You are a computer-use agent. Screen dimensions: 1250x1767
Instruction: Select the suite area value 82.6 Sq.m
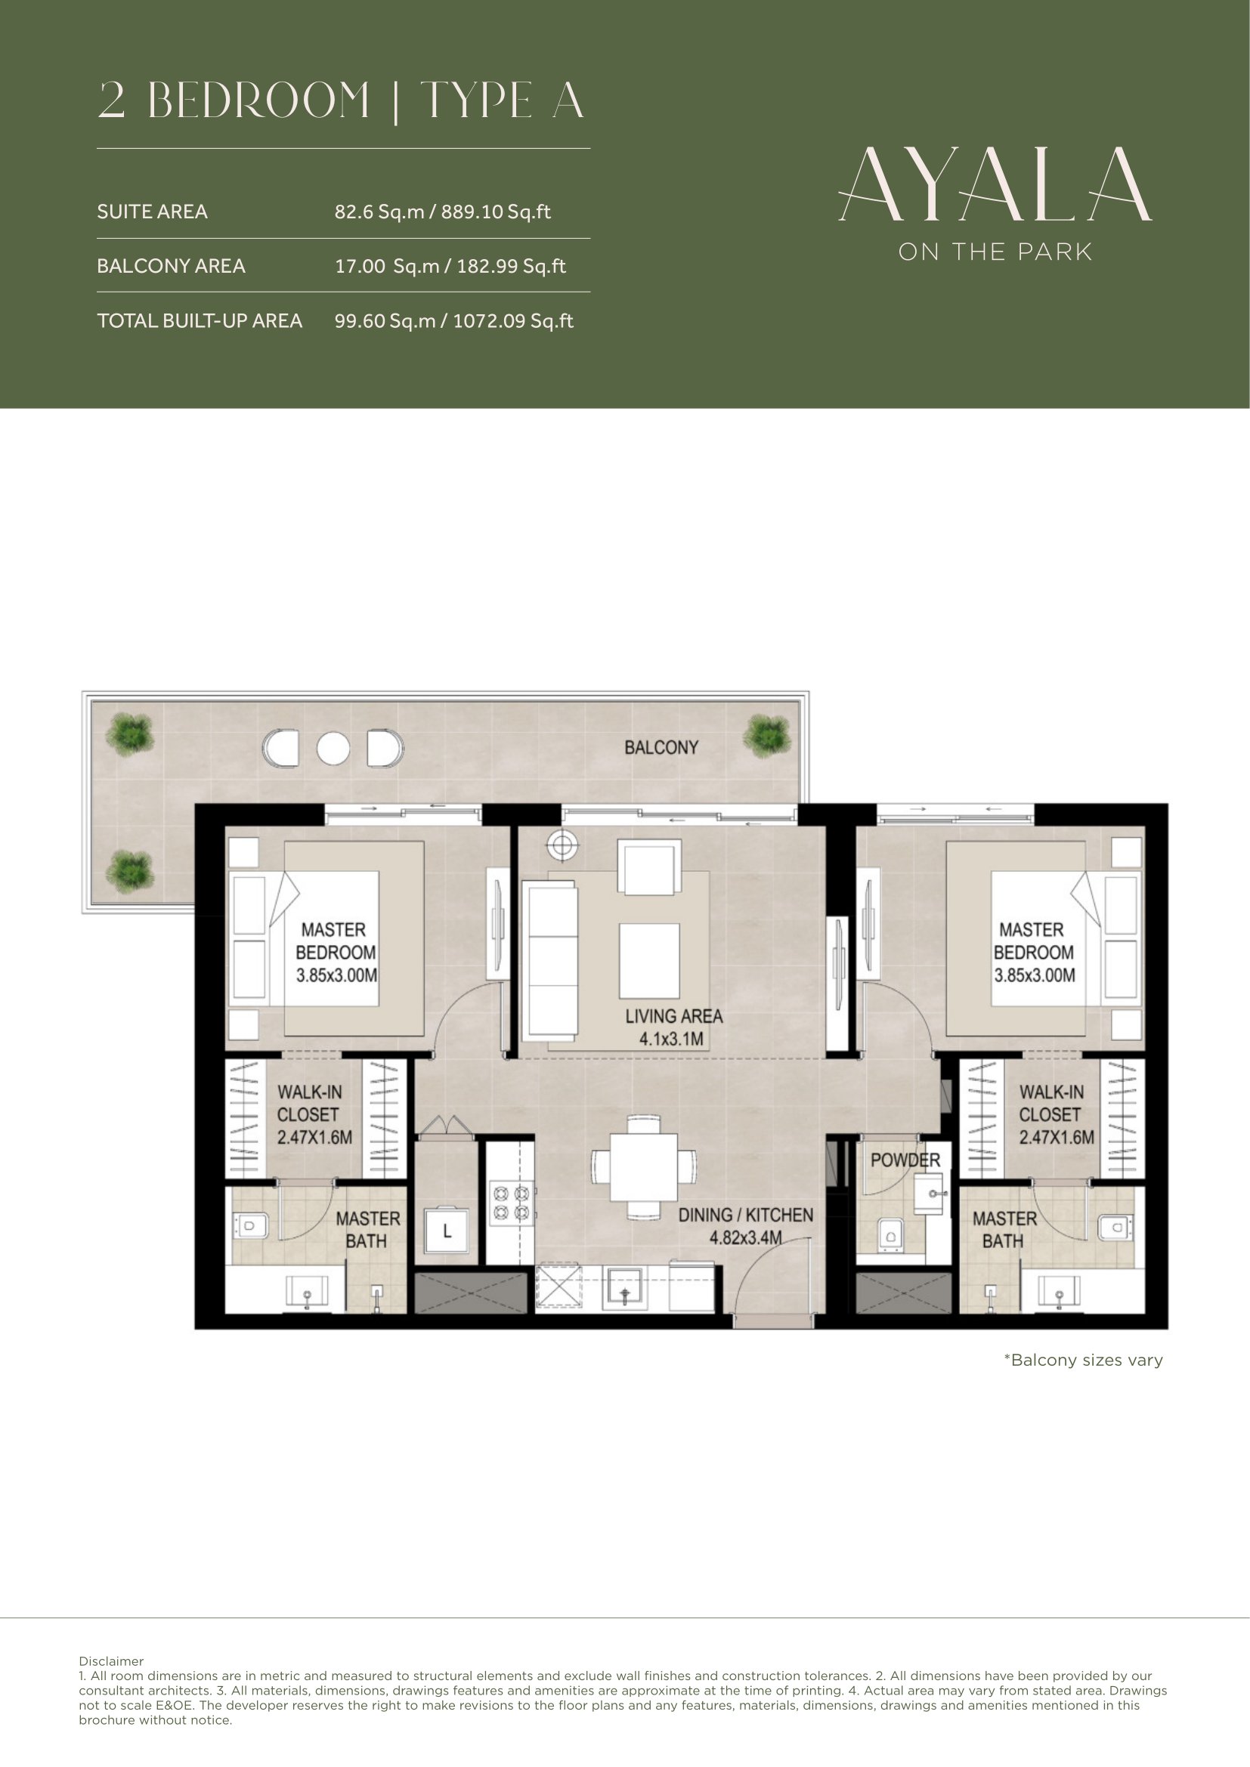[379, 212]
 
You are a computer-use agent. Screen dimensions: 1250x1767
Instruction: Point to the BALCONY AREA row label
[171, 266]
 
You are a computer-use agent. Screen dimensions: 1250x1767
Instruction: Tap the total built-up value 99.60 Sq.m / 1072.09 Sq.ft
[454, 321]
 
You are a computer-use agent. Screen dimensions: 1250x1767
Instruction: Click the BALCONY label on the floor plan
[661, 746]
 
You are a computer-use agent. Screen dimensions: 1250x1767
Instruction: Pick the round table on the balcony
[333, 746]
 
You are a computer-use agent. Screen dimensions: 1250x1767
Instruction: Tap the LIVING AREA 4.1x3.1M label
[673, 1027]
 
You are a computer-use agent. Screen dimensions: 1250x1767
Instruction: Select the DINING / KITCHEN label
[745, 1215]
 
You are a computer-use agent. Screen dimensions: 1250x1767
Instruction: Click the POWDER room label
[905, 1160]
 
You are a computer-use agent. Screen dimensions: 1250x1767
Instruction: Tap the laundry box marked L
[447, 1231]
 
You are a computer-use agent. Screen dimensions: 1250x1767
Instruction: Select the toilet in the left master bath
[250, 1225]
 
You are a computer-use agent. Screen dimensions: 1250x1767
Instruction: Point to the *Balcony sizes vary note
[1083, 1360]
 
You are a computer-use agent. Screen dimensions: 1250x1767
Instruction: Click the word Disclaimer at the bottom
[111, 1661]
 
